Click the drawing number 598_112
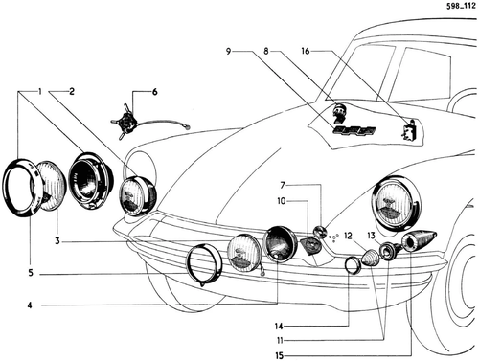[461, 6]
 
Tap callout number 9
[228, 51]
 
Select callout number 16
[306, 51]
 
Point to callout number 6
[154, 92]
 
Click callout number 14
[279, 327]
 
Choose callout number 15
[280, 355]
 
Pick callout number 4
[30, 305]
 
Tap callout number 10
[282, 201]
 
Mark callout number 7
[283, 185]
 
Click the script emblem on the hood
[354, 130]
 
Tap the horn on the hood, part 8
[338, 113]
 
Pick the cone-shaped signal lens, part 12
[371, 258]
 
